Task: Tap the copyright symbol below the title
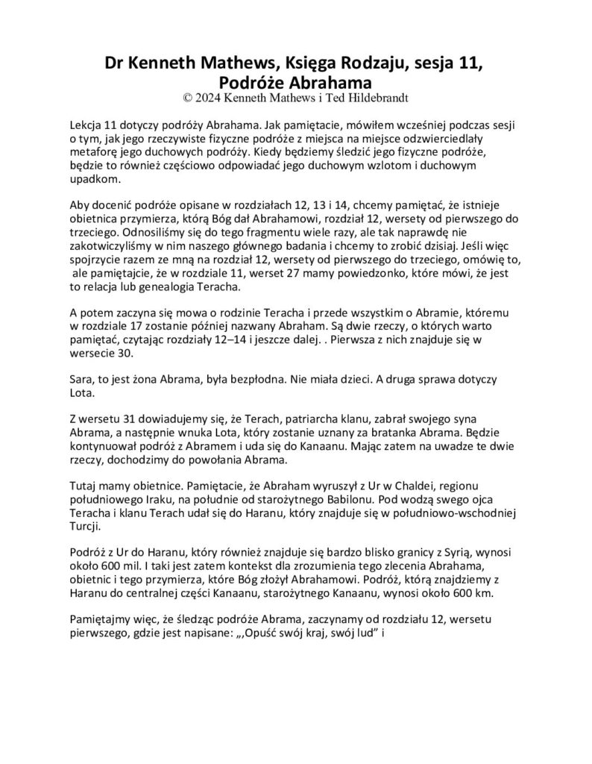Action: (187, 96)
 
